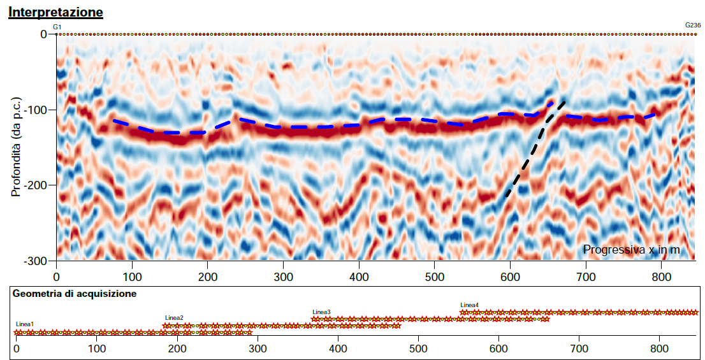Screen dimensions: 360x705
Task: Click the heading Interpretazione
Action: [x=55, y=12]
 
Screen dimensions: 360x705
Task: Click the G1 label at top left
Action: [x=57, y=27]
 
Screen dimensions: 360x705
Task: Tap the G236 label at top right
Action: [x=693, y=25]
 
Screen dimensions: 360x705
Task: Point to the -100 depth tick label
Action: [x=35, y=110]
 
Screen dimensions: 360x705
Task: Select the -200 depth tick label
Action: [x=35, y=185]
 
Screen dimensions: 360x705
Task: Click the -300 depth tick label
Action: [x=35, y=261]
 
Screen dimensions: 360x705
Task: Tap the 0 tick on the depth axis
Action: [x=43, y=34]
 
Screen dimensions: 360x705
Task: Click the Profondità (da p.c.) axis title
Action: [x=17, y=147]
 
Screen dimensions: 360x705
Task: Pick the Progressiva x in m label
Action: [x=631, y=250]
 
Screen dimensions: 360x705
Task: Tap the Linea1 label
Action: [x=25, y=324]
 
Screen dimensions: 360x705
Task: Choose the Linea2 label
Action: [x=174, y=317]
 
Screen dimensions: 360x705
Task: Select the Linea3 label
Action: [x=321, y=312]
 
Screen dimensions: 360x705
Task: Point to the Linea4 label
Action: [x=469, y=305]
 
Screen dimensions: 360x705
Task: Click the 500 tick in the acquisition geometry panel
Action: [x=418, y=349]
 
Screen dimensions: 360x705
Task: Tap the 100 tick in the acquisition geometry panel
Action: [x=96, y=349]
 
